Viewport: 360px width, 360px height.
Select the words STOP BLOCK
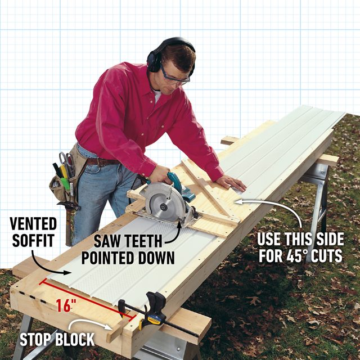(x=57, y=339)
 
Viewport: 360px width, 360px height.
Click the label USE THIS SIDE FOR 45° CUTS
(x=300, y=246)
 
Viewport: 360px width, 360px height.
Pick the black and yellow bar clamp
(x=155, y=312)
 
